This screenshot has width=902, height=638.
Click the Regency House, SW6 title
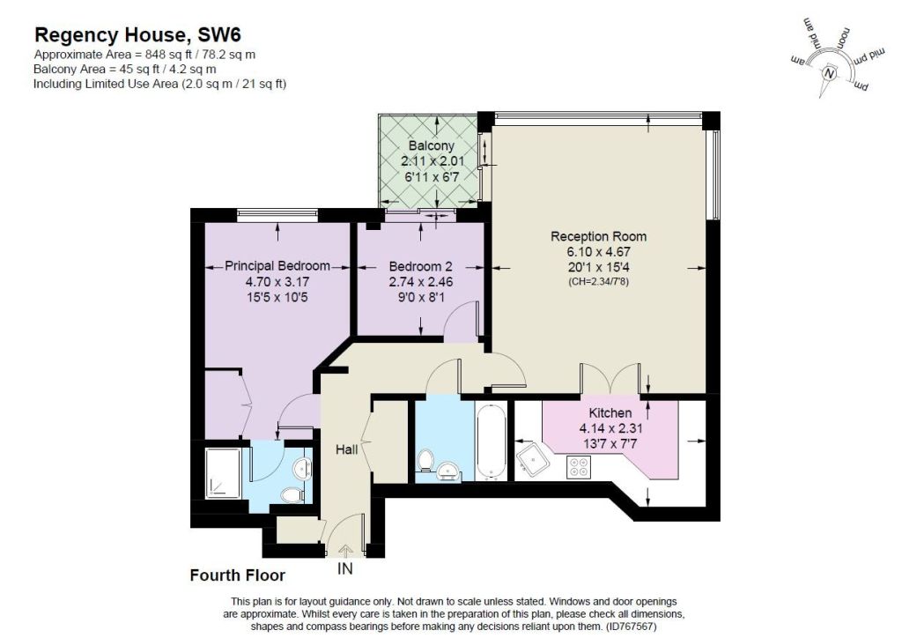(x=137, y=34)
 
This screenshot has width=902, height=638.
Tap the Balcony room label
(x=431, y=145)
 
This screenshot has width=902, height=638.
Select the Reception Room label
(x=598, y=236)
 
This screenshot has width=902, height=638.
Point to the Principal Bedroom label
(x=277, y=266)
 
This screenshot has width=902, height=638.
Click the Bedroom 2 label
(x=420, y=266)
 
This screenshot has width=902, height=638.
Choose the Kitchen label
(x=610, y=412)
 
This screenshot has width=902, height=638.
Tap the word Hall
(x=347, y=449)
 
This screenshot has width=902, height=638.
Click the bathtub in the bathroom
(x=492, y=441)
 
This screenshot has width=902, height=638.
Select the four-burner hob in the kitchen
(x=578, y=467)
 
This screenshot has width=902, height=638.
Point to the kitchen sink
(x=533, y=458)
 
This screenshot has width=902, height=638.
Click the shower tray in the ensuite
(x=224, y=473)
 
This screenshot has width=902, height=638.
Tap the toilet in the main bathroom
(x=425, y=460)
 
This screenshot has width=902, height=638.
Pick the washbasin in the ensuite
(x=302, y=468)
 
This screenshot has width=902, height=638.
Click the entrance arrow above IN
(x=345, y=551)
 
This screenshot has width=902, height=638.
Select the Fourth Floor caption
(x=238, y=575)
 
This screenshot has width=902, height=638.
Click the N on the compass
(x=829, y=73)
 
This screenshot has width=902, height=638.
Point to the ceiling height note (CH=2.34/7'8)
(x=598, y=282)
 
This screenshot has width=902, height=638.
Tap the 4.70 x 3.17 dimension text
(x=277, y=282)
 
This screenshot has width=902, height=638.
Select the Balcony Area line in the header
(x=125, y=69)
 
